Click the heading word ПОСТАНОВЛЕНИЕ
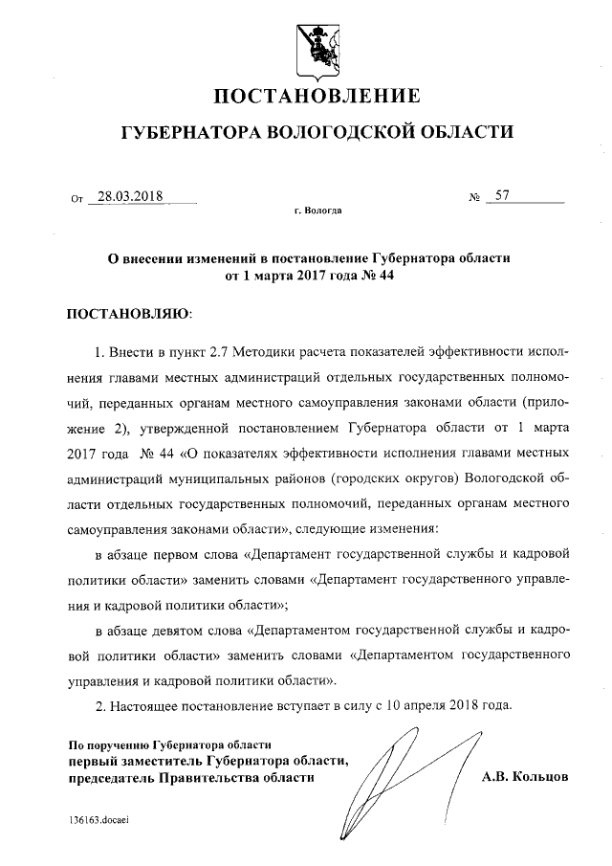click(316, 97)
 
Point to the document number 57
click(502, 196)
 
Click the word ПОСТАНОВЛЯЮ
click(127, 313)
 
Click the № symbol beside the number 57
click(473, 198)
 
